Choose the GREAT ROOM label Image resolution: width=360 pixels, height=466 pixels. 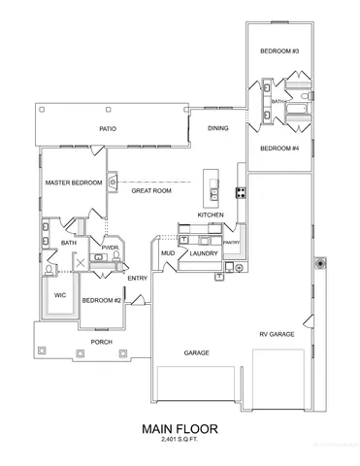[x=151, y=191]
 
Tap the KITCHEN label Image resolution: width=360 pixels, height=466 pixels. [x=212, y=215]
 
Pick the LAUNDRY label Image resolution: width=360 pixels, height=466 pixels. [x=204, y=254]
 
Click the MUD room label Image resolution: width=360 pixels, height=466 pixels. [x=168, y=254]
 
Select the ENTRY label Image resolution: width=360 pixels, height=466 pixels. [x=137, y=279]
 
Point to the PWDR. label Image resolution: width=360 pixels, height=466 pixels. [x=110, y=249]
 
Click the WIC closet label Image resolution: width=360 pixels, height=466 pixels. [x=59, y=293]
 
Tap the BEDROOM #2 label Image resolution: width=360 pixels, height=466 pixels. [x=101, y=300]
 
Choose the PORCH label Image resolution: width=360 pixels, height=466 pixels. [x=101, y=341]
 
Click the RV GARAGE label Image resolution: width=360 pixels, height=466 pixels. [x=278, y=335]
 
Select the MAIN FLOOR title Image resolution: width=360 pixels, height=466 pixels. [x=180, y=427]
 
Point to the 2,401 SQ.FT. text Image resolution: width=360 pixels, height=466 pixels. [x=180, y=441]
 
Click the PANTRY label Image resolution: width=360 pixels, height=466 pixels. [x=231, y=243]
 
